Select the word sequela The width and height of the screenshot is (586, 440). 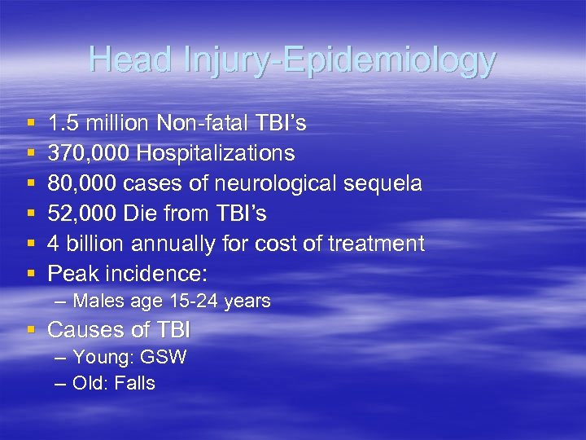click(386, 183)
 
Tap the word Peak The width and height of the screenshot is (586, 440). click(71, 274)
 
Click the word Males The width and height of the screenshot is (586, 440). click(97, 301)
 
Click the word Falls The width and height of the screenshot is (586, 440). click(135, 383)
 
